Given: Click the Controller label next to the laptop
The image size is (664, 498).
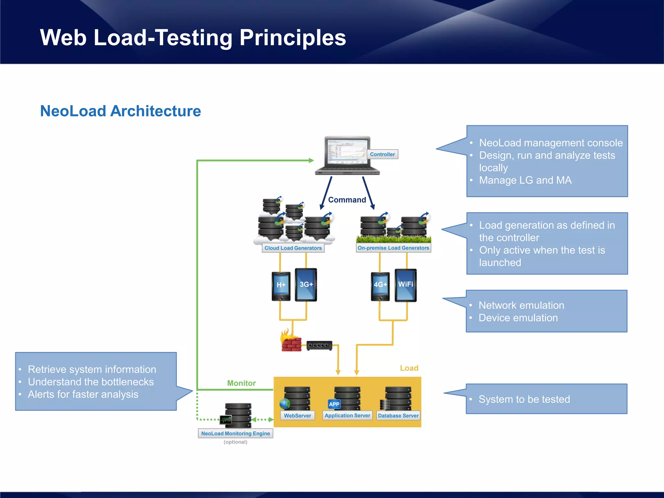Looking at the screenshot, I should click(382, 154).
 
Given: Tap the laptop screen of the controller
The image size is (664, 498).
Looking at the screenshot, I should click(347, 152).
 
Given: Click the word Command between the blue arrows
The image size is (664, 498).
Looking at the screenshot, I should click(347, 200).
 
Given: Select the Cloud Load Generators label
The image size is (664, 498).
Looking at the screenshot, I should click(293, 248).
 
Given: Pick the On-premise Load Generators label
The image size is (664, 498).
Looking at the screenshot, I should click(393, 248).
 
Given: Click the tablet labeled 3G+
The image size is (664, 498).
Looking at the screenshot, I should click(306, 285).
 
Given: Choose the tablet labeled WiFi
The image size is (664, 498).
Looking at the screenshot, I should click(406, 285).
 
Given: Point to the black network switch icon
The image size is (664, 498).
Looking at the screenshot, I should click(319, 345).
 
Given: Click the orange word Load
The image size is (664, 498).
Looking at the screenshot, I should click(409, 368).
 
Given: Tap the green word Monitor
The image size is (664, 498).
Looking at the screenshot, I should click(241, 383).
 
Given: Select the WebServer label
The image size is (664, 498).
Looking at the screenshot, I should click(297, 416).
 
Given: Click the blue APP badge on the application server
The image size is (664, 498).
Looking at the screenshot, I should click(334, 404).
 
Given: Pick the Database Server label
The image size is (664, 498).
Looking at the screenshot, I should click(398, 416).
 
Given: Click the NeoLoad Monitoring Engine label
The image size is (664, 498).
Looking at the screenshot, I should click(235, 433).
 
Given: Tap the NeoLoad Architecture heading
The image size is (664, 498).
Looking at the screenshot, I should click(120, 111).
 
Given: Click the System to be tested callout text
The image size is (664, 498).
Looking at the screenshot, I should click(524, 399).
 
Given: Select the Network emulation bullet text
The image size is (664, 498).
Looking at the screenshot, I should click(521, 305).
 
